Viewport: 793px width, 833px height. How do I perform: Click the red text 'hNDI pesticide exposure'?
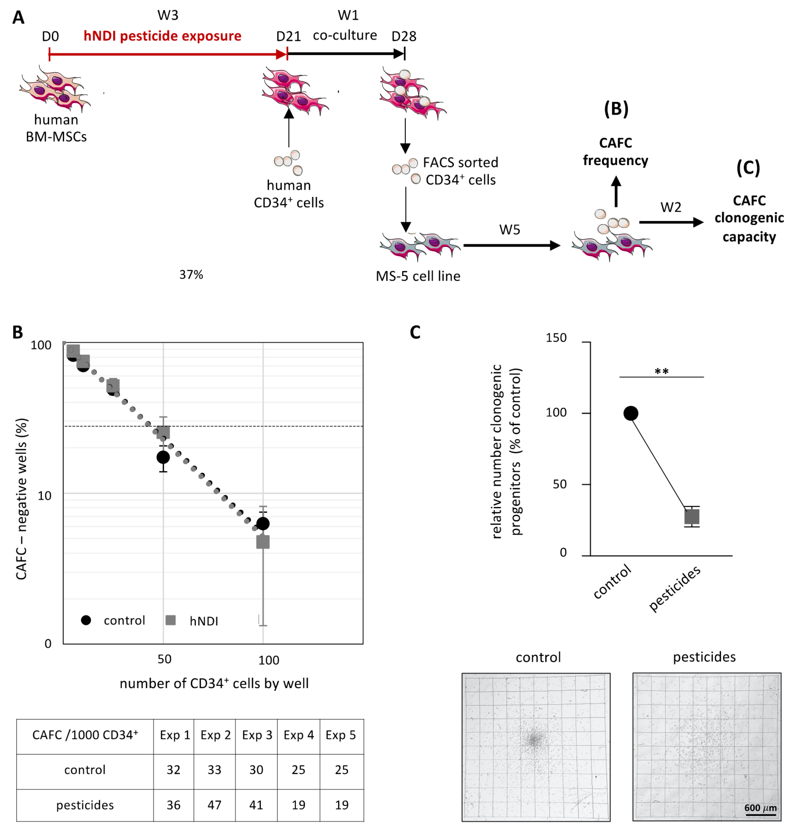(162, 36)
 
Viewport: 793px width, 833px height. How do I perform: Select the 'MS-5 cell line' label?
(418, 276)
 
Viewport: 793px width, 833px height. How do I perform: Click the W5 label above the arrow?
(509, 230)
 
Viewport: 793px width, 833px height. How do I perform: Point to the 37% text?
(191, 275)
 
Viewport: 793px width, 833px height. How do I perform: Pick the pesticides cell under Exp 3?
(256, 805)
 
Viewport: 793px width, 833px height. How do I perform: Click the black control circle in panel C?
(631, 413)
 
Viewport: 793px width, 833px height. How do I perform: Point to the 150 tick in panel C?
(556, 338)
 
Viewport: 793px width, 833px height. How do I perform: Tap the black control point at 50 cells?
(163, 457)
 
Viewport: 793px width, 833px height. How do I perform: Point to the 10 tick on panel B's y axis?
(44, 495)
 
